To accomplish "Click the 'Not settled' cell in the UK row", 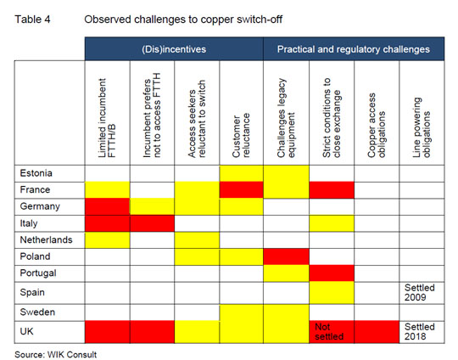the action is (x=332, y=332).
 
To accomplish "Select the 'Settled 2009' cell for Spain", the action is (x=422, y=292).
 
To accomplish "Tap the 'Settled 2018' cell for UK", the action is (x=422, y=332).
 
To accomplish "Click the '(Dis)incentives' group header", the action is (x=174, y=49).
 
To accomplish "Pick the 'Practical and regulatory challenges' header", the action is (x=354, y=49).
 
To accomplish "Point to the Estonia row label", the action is (x=36, y=173).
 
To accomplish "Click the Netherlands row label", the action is (x=46, y=239).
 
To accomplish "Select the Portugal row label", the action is (x=38, y=273).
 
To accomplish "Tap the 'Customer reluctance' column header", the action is (x=241, y=135).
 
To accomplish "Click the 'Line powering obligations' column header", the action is (x=422, y=127).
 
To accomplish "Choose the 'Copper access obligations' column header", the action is (x=377, y=126).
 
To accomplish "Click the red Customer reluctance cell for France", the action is (x=241, y=190).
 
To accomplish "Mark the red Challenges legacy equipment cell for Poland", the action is (x=287, y=256).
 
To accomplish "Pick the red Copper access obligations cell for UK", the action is (x=377, y=332).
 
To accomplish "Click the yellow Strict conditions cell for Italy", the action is (x=332, y=223).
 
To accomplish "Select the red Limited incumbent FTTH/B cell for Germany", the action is (x=107, y=207).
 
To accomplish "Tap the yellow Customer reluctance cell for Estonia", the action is (x=241, y=173).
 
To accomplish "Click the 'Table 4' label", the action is (x=32, y=20).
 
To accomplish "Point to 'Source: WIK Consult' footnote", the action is (x=55, y=354).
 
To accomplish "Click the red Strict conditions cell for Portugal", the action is (x=332, y=273).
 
